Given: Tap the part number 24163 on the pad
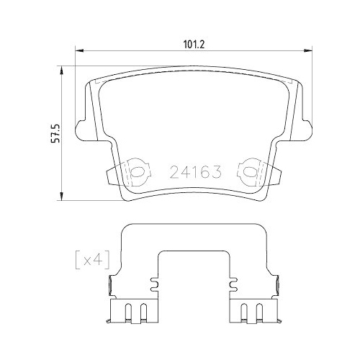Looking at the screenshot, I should point(194,172).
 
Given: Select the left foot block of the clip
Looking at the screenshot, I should point(130,311).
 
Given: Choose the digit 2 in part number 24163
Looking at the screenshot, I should point(175,172).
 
